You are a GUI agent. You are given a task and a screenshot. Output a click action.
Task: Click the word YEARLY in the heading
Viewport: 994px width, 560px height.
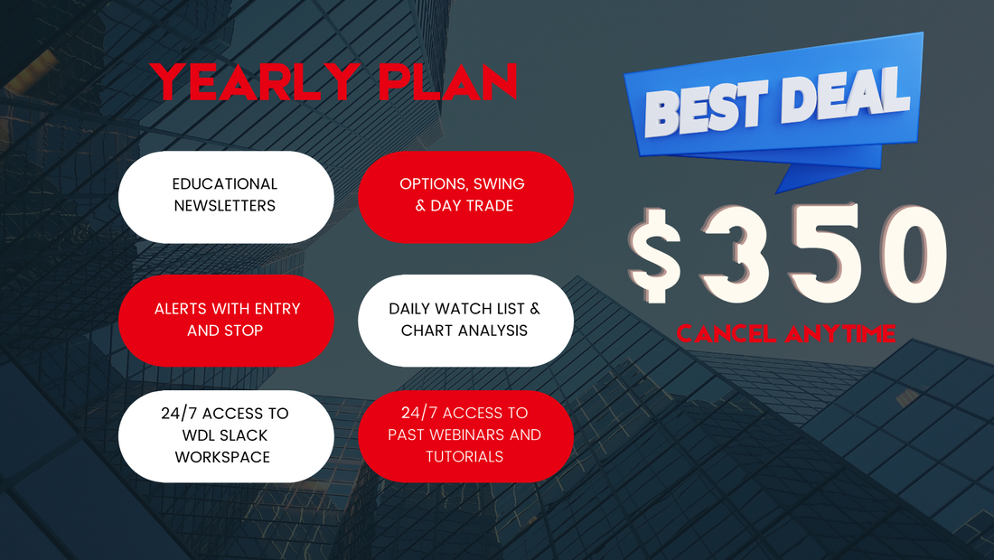pyautogui.click(x=255, y=81)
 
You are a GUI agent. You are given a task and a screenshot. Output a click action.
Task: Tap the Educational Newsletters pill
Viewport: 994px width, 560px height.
pyautogui.click(x=226, y=197)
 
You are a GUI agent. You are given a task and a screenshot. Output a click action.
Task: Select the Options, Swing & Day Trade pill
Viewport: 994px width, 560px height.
pyautogui.click(x=465, y=197)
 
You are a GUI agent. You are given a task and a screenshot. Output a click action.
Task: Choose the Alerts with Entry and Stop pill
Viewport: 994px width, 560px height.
pyautogui.click(x=226, y=321)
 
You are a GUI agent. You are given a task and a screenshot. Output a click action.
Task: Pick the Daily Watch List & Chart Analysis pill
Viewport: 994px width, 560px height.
pyautogui.click(x=465, y=321)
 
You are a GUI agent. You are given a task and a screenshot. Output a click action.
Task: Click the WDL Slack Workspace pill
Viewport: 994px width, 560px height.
pyautogui.click(x=226, y=436)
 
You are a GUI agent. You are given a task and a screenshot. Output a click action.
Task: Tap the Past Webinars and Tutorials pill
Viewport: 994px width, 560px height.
pyautogui.click(x=465, y=436)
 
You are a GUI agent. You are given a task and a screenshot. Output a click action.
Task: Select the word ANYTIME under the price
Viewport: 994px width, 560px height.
pyautogui.click(x=840, y=333)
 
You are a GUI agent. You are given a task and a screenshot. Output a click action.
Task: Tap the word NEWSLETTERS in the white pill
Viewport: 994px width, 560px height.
pyautogui.click(x=225, y=205)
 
